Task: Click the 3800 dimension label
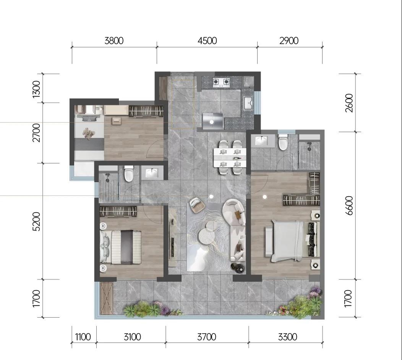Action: pos(114,41)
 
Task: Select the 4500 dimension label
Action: pos(207,41)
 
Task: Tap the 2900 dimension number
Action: pos(289,41)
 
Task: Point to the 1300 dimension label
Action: pos(37,89)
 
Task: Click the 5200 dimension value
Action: pos(37,221)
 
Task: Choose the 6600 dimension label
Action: pos(349,206)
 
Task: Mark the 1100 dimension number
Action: pos(83,337)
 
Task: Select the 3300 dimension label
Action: pos(288,337)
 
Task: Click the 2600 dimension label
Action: pos(349,103)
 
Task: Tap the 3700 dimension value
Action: pos(207,337)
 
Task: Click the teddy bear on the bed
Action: pos(89,133)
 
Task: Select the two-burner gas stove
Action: pos(221,82)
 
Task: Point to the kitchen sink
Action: pos(248,103)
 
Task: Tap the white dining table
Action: pos(230,157)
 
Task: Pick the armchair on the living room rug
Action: pos(197,205)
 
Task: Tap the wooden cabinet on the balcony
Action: pos(107,298)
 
